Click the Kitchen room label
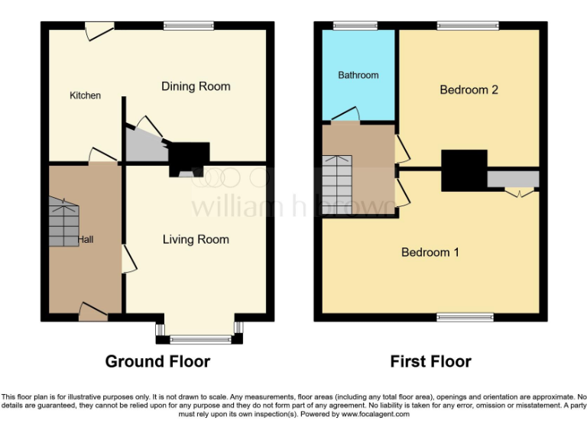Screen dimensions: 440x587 tap(85, 95)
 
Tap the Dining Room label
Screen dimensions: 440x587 tap(196, 86)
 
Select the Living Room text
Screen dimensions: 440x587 tap(196, 239)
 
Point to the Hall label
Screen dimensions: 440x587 tap(85, 239)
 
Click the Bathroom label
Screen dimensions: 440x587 tap(358, 75)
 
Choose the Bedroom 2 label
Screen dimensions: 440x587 tap(469, 89)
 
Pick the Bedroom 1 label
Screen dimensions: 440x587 tap(430, 252)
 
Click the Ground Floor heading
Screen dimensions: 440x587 tap(157, 361)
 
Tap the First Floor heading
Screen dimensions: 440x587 tap(430, 361)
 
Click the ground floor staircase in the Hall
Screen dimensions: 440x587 tap(63, 222)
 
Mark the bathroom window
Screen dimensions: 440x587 tap(350, 26)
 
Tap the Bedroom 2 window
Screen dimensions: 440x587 tap(469, 26)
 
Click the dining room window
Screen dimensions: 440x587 tap(188, 26)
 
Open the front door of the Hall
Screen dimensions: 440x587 tap(93, 311)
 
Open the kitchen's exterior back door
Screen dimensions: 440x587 tap(99, 31)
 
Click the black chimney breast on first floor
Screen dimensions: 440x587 tap(464, 170)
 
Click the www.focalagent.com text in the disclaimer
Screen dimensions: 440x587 tap(376, 415)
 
